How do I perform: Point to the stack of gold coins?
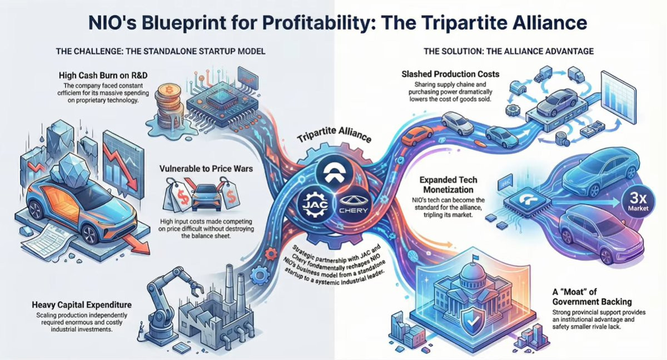click(166, 102)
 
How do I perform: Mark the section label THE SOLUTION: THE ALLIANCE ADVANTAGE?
click(508, 51)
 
